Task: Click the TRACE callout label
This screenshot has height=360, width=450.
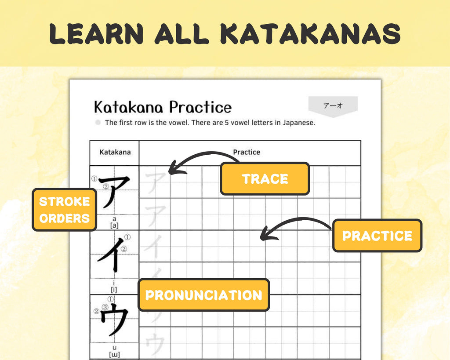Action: pyautogui.click(x=265, y=178)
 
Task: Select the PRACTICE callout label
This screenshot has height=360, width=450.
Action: pyautogui.click(x=377, y=236)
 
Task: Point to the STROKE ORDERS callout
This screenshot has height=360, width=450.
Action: pyautogui.click(x=64, y=210)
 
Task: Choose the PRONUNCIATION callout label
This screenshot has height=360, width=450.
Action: pyautogui.click(x=203, y=295)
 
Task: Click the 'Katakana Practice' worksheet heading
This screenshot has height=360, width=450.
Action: pyautogui.click(x=162, y=107)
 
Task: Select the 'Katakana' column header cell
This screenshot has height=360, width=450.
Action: pyautogui.click(x=115, y=152)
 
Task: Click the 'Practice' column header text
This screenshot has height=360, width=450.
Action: pyautogui.click(x=247, y=152)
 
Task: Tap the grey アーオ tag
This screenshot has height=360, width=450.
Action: pyautogui.click(x=333, y=106)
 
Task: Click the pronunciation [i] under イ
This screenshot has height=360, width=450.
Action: pyautogui.click(x=114, y=290)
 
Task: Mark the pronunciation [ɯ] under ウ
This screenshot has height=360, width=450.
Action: pyautogui.click(x=114, y=354)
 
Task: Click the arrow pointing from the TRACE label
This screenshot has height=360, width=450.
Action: pyautogui.click(x=198, y=159)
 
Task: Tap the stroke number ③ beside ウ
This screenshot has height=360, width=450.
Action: pyautogui.click(x=105, y=307)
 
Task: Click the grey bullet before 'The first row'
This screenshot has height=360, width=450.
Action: pyautogui.click(x=98, y=123)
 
